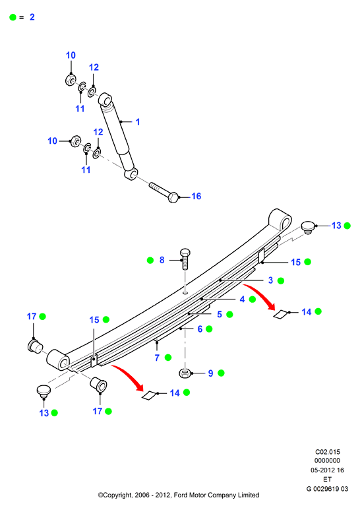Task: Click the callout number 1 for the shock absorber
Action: coord(138,122)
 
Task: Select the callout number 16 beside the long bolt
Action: coord(196,196)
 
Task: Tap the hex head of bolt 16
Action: coord(173,197)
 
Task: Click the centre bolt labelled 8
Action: coord(185,259)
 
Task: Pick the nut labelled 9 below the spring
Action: coord(185,373)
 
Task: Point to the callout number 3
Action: coord(270,280)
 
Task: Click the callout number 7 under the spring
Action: coord(157,358)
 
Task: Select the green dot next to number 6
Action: coord(209,329)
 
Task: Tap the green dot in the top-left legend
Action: coord(13,17)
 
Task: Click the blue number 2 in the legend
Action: coord(32,17)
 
